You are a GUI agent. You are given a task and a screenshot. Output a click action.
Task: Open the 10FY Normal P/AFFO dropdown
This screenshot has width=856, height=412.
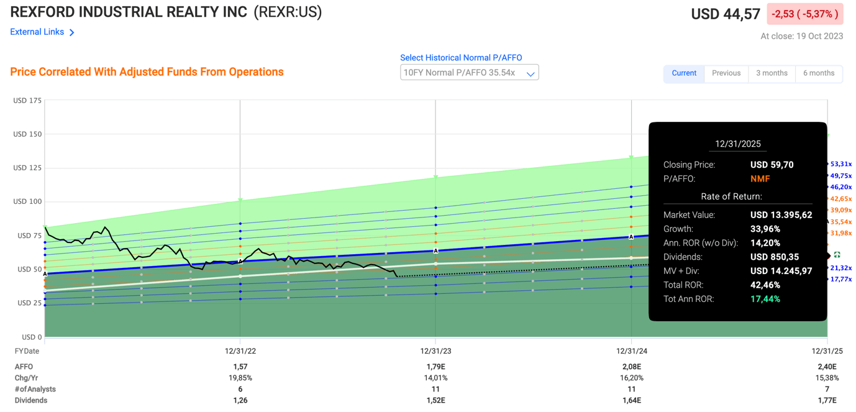pyautogui.click(x=469, y=73)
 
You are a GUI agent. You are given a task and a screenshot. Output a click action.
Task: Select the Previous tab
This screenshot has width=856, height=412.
pyautogui.click(x=726, y=73)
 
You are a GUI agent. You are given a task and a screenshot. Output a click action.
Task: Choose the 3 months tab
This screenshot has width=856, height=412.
pyautogui.click(x=772, y=73)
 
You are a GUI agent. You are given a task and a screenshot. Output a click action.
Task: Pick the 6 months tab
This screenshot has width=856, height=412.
pyautogui.click(x=818, y=73)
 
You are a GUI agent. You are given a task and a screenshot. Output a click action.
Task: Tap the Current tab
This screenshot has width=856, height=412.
pyautogui.click(x=684, y=73)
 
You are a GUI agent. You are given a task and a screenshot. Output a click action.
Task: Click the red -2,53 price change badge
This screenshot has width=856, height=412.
pyautogui.click(x=805, y=14)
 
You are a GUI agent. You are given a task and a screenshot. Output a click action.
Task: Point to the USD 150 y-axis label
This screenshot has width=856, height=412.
pyautogui.click(x=27, y=134)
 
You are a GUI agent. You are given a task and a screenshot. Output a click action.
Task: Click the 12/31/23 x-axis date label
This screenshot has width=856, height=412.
pyautogui.click(x=435, y=351)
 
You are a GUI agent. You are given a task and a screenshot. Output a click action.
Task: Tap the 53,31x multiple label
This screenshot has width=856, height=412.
pyautogui.click(x=841, y=165)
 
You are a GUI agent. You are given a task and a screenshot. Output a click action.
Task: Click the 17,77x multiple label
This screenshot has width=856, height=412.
pyautogui.click(x=841, y=280)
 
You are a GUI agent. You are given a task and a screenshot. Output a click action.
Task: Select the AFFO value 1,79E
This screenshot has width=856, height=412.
pyautogui.click(x=435, y=367)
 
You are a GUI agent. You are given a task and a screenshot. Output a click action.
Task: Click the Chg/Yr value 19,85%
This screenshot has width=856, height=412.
pyautogui.click(x=240, y=378)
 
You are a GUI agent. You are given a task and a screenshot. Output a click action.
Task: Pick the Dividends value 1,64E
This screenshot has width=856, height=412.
pyautogui.click(x=631, y=401)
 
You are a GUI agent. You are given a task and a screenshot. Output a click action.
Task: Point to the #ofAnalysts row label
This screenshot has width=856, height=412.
pyautogui.click(x=35, y=390)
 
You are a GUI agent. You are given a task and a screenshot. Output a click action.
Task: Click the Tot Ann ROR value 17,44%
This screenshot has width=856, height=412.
pyautogui.click(x=765, y=299)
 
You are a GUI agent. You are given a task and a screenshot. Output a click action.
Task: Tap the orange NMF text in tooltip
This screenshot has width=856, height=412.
pyautogui.click(x=760, y=179)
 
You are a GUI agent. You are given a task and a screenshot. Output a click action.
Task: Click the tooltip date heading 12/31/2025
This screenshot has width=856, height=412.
pyautogui.click(x=737, y=144)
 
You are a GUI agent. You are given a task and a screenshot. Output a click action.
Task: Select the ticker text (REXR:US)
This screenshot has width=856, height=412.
pyautogui.click(x=288, y=12)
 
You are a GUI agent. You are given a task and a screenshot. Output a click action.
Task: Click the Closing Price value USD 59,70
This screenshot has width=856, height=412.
pyautogui.click(x=772, y=165)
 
